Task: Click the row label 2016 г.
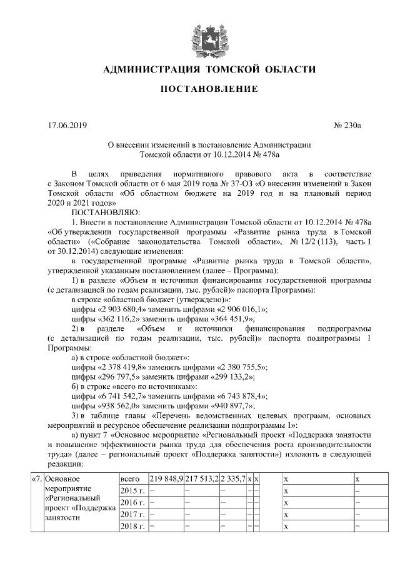click(x=132, y=502)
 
